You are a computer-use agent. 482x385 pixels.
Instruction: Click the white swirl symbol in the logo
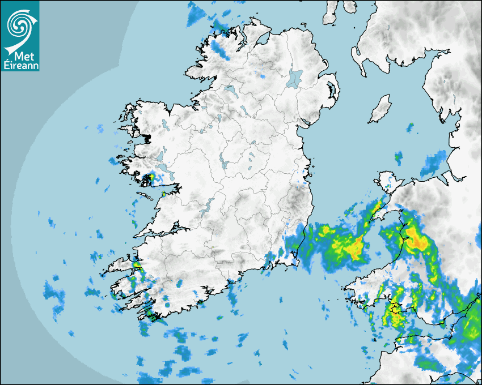click(x=19, y=24)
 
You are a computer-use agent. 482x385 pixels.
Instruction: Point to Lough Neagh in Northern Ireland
click(x=295, y=78)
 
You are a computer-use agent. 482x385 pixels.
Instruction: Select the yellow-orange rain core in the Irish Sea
click(x=354, y=247)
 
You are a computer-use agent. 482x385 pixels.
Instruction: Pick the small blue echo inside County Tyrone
click(x=261, y=75)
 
